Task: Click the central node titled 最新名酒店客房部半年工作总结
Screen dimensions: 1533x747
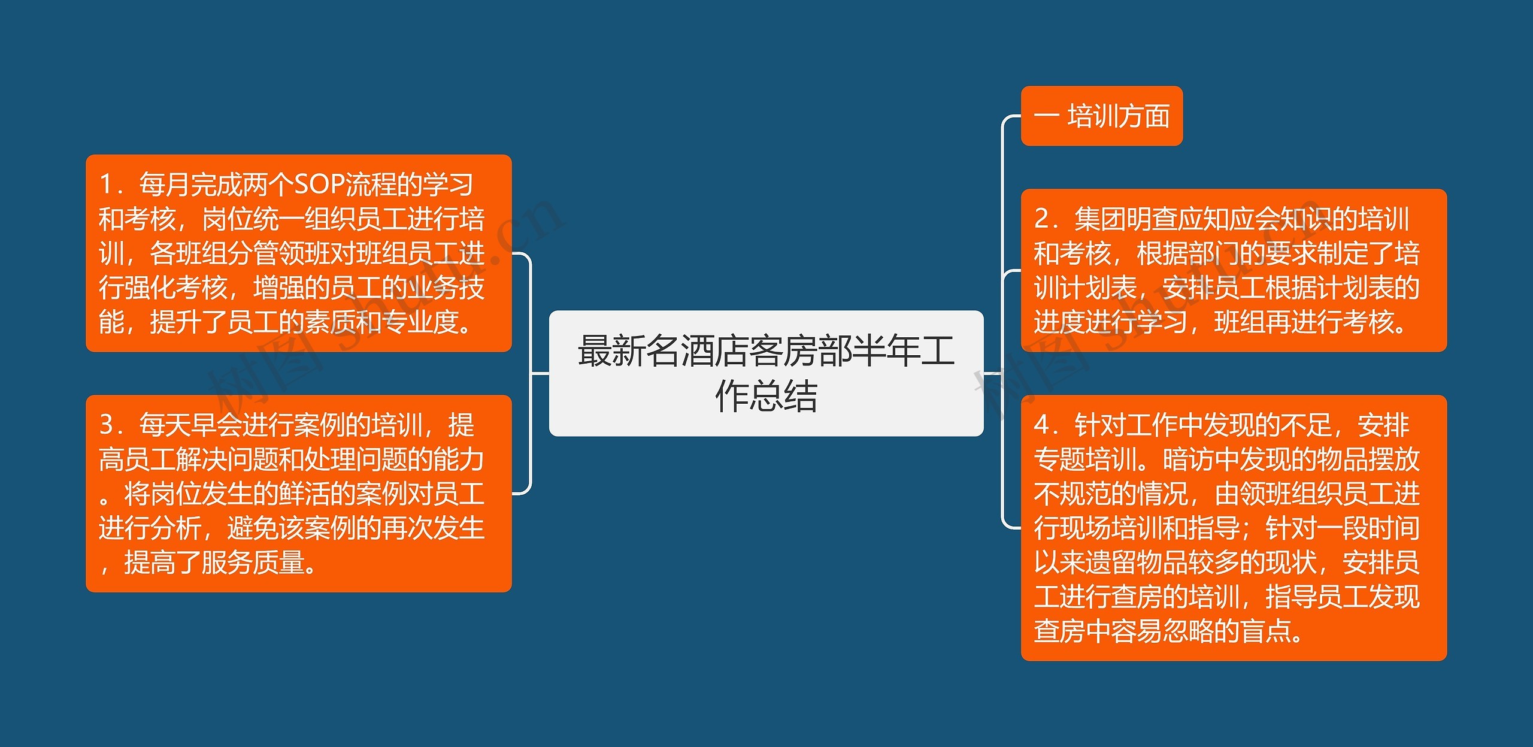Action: [x=766, y=373]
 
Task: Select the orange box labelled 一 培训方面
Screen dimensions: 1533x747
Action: [x=1101, y=116]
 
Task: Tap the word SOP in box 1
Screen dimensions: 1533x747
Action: [x=320, y=185]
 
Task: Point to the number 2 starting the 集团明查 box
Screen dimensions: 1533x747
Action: [x=1042, y=219]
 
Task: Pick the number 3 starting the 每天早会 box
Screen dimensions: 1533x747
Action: [x=107, y=425]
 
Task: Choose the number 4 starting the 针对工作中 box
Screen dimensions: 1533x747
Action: [x=1042, y=425]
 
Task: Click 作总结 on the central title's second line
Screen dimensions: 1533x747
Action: [x=766, y=396]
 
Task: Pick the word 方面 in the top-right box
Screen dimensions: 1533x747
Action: [x=1144, y=116]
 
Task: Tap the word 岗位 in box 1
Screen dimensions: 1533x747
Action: [x=228, y=219]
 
